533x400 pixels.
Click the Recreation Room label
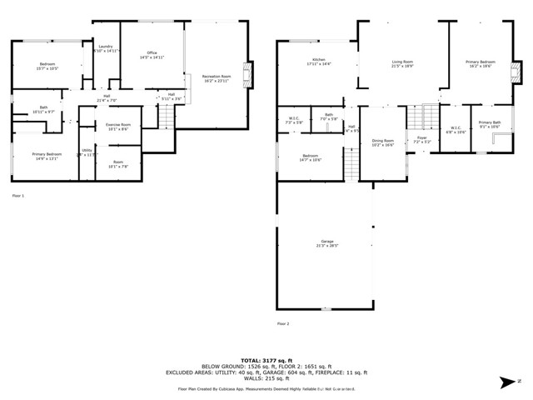pos(215,78)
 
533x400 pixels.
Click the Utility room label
pos(86,152)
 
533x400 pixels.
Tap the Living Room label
pos(403,62)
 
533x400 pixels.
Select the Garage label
pos(326,243)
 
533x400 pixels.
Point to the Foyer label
pos(422,138)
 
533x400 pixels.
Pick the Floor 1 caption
pos(17,195)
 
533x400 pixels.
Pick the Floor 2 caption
pos(283,322)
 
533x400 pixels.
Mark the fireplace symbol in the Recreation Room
pos(246,74)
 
